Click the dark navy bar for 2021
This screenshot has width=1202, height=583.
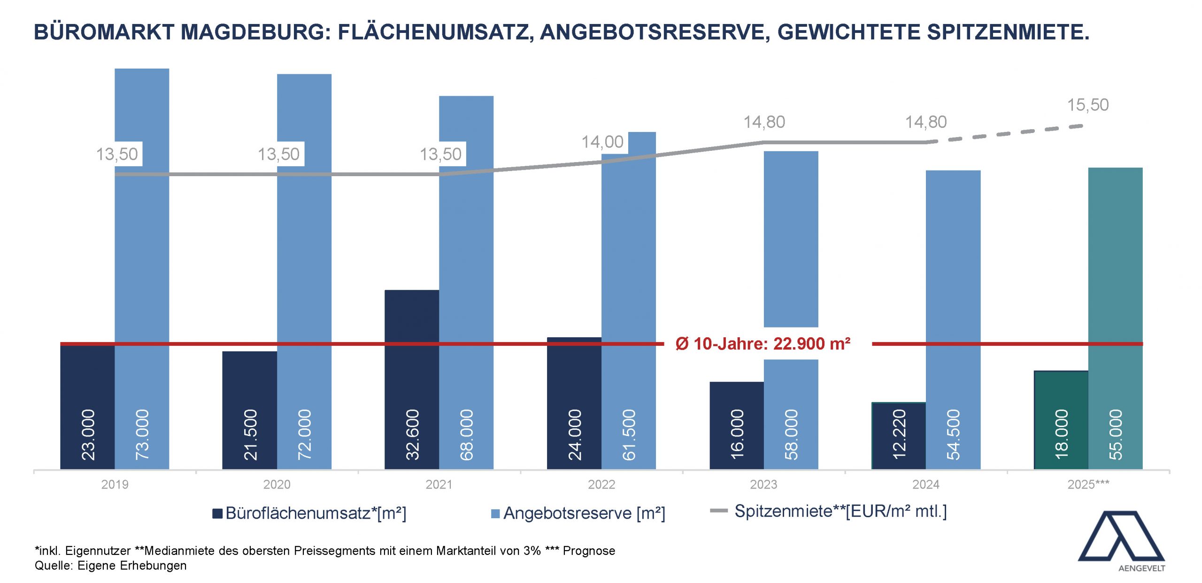pyautogui.click(x=412, y=376)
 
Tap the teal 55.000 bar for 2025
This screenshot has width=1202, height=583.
pyautogui.click(x=1115, y=305)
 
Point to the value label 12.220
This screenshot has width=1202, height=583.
pyautogui.click(x=899, y=434)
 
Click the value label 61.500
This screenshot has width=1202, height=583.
pyautogui.click(x=628, y=434)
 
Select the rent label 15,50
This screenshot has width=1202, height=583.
pyautogui.click(x=1088, y=105)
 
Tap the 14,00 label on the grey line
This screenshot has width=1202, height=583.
pyautogui.click(x=602, y=142)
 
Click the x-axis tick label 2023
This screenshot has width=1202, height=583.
pyautogui.click(x=763, y=484)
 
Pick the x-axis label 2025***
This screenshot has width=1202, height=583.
pyautogui.click(x=1088, y=484)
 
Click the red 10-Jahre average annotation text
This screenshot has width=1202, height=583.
pyautogui.click(x=763, y=344)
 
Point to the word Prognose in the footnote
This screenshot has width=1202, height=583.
pyautogui.click(x=589, y=551)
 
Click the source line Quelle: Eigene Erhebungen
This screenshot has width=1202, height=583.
pyautogui.click(x=111, y=566)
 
